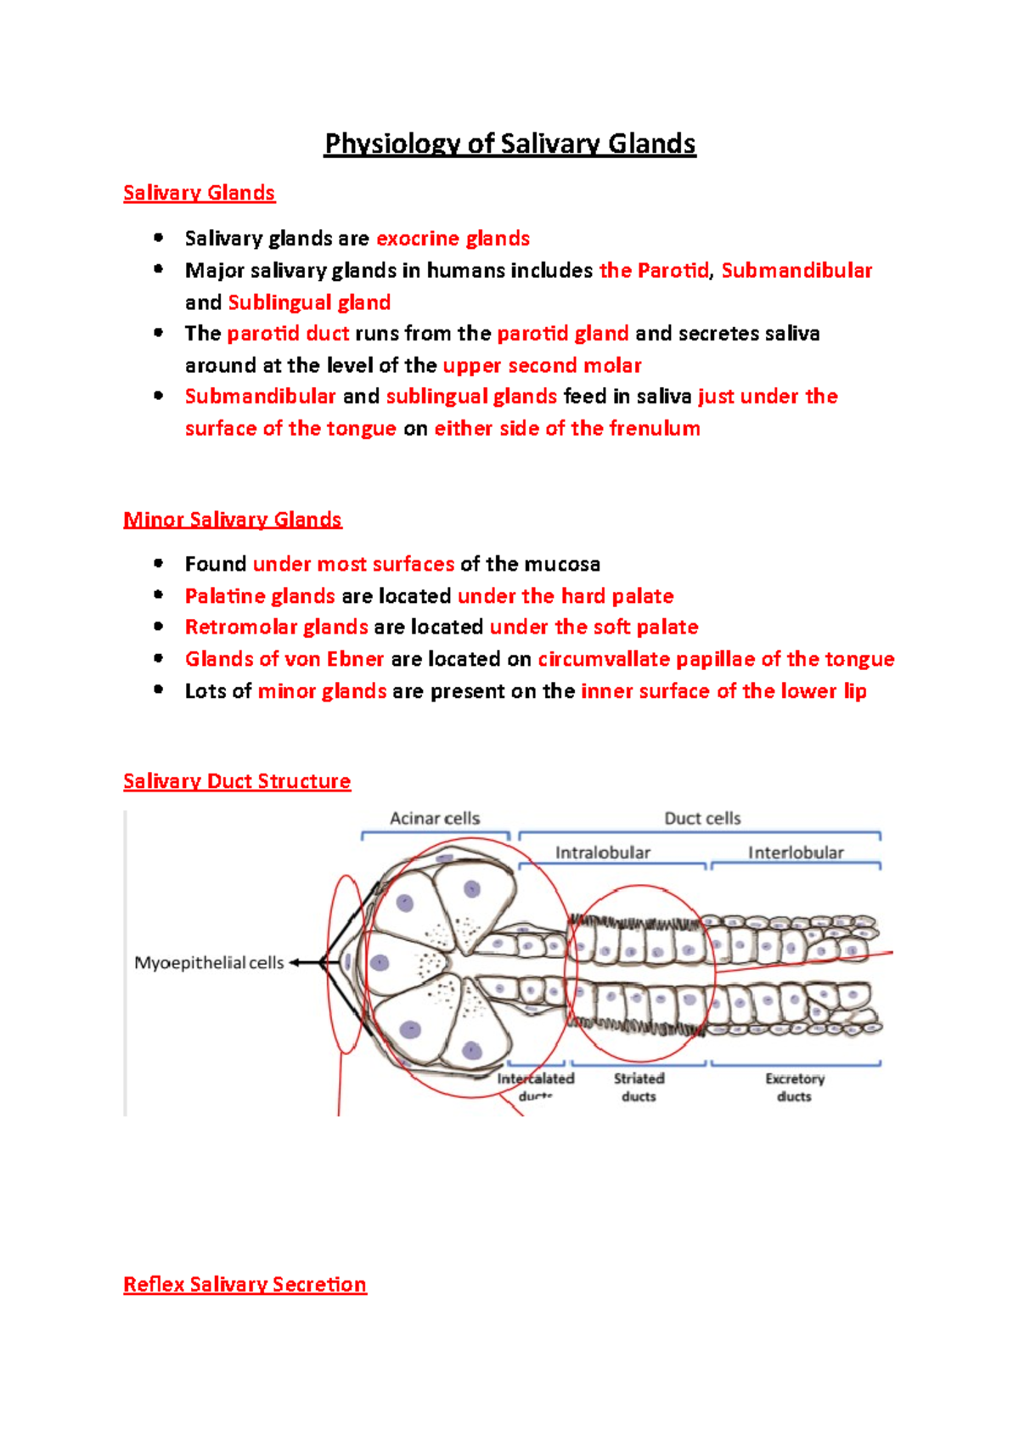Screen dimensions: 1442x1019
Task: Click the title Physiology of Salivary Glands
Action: [x=509, y=144]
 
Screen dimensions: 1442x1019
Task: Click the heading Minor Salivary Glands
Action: [x=232, y=519]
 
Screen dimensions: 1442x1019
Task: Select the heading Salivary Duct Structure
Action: [x=236, y=780]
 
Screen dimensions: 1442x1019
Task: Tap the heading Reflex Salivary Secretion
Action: [x=245, y=1284]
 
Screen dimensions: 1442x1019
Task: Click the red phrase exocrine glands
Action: [x=453, y=239]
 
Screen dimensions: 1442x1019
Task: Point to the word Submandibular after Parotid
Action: [x=797, y=271]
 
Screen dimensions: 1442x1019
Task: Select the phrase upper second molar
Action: [x=542, y=365]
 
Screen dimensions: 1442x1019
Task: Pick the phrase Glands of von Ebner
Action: [x=284, y=659]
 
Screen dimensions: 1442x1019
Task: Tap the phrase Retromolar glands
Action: [x=277, y=627]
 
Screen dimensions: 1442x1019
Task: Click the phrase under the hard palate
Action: [x=566, y=596]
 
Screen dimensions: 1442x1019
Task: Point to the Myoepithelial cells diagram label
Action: [x=209, y=963]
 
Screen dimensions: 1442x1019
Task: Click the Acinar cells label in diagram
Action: [x=434, y=818]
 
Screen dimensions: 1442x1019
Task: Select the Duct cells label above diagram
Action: [x=702, y=818]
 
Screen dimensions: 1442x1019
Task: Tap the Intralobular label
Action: [x=602, y=852]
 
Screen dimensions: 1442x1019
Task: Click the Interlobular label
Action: [x=796, y=852]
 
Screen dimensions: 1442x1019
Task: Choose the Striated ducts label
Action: [x=639, y=1087]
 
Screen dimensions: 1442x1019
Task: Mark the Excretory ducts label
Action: [x=794, y=1087]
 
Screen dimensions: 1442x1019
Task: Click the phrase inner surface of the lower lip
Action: [x=723, y=691]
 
